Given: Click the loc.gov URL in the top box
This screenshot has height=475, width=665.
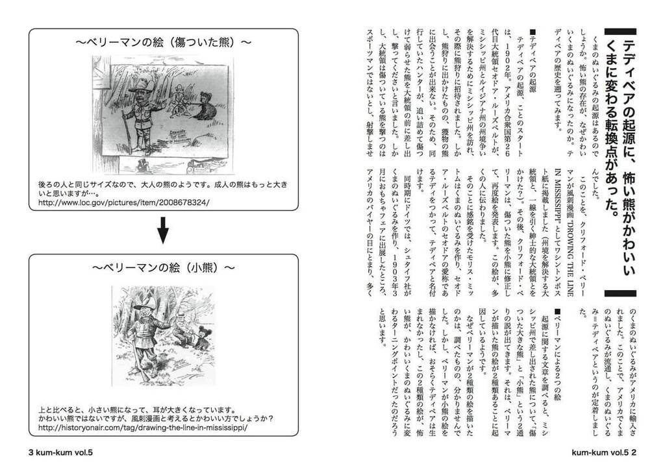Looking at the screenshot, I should [124, 203].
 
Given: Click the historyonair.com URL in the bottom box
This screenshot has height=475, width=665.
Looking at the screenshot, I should [144, 428].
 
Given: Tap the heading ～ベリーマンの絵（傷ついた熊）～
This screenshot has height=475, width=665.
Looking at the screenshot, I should [163, 43].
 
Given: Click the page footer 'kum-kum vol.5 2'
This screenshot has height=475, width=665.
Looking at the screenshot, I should [604, 452].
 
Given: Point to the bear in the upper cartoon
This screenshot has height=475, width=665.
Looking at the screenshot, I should [206, 106].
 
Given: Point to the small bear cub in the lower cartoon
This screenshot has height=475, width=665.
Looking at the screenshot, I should [205, 338].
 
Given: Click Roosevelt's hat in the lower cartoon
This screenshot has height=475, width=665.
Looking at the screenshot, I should [144, 304].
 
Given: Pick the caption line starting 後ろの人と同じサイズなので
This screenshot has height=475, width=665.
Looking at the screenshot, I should [162, 184].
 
